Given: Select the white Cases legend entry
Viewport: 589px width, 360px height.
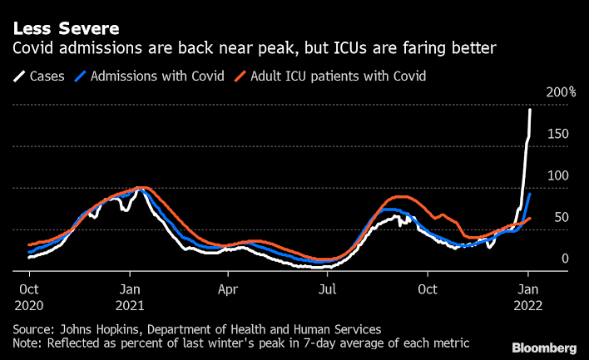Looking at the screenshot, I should (41, 76).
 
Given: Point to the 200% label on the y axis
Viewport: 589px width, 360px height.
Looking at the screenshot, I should (562, 92).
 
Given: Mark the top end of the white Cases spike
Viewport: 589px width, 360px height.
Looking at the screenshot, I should (530, 110).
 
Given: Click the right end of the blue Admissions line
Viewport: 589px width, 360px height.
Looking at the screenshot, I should (530, 194).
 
